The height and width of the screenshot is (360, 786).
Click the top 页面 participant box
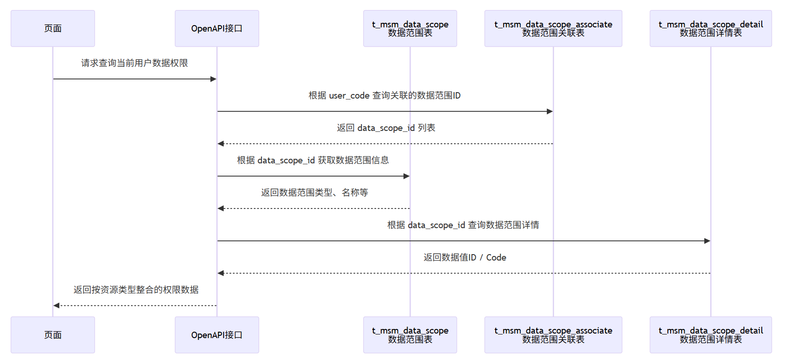(x=52, y=28)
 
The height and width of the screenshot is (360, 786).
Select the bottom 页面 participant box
(x=52, y=334)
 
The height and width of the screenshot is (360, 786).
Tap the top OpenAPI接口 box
(x=217, y=28)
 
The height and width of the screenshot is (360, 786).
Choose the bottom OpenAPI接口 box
(x=217, y=334)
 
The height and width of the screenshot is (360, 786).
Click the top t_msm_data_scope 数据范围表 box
(x=410, y=28)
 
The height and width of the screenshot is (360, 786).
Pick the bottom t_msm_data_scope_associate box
(x=553, y=334)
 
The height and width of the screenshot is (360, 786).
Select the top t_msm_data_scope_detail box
(x=710, y=28)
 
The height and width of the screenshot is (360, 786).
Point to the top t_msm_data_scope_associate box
(x=553, y=28)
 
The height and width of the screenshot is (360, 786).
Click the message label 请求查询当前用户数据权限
(x=135, y=63)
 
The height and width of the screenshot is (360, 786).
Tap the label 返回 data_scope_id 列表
(x=386, y=128)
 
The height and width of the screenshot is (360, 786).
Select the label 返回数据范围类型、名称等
(x=314, y=193)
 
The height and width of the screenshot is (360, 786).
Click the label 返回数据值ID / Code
(x=465, y=257)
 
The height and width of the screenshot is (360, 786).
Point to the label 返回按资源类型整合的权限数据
(x=136, y=290)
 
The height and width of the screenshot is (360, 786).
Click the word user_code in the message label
(x=349, y=96)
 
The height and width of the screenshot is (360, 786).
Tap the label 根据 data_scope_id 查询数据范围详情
(x=463, y=225)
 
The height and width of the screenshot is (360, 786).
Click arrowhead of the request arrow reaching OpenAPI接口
(x=213, y=79)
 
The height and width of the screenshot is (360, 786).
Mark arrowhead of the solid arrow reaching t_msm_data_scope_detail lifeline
(x=707, y=241)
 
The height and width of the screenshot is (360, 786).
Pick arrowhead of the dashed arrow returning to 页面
(x=57, y=305)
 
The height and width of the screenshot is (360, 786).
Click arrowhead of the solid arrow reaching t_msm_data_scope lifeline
(x=406, y=176)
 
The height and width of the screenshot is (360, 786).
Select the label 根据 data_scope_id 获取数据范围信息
(x=313, y=160)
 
